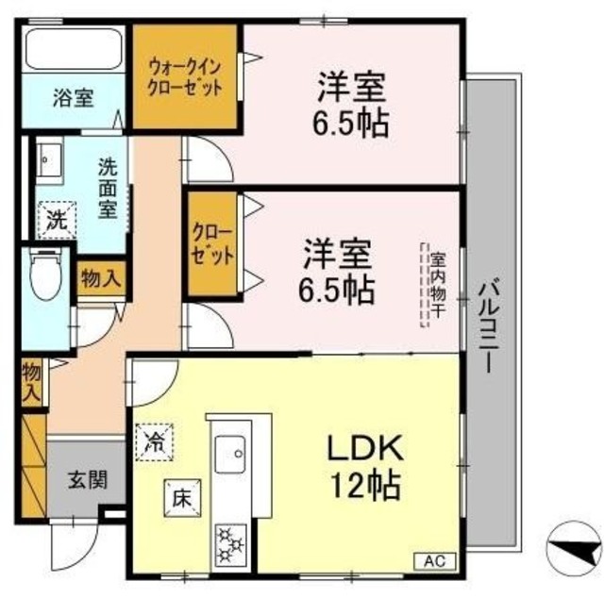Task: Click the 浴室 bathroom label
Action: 72,97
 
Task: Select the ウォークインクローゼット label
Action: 186,76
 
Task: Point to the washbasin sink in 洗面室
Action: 48,161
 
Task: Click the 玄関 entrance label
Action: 86,478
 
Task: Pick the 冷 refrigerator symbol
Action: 154,440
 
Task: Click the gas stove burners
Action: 230,541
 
